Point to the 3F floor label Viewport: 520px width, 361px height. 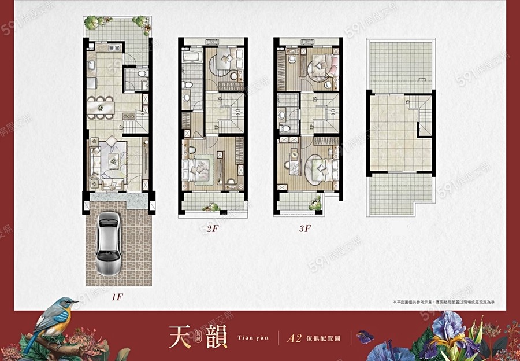click(304, 229)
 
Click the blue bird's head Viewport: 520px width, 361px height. click(68, 304)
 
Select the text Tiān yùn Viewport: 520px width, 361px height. click(252, 337)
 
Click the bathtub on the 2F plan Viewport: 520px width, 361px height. click(191, 58)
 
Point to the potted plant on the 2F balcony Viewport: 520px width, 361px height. click(213, 207)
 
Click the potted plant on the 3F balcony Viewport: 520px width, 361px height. click(315, 203)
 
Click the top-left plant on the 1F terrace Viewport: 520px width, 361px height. click(91, 23)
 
